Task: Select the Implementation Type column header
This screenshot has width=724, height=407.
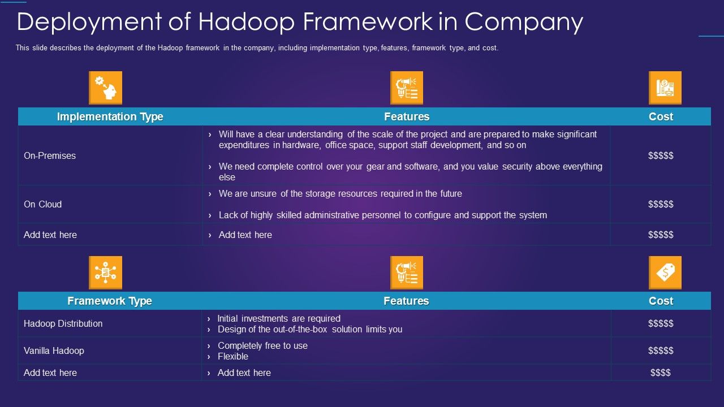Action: coord(110,116)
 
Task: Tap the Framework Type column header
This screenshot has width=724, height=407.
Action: coord(110,301)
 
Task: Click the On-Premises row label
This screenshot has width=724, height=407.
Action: coord(50,155)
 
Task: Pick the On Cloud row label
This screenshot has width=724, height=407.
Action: coord(42,204)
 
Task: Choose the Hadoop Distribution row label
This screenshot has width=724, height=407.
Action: coord(63,323)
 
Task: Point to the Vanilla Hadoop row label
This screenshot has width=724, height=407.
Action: coord(54,350)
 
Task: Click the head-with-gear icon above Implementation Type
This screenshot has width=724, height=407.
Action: coord(105,88)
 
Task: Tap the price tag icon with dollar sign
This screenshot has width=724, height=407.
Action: coord(665,272)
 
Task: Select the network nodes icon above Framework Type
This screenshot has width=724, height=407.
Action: coord(105,272)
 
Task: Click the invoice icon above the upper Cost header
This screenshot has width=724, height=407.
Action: coord(665,88)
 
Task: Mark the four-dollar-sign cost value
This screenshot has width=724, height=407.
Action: coord(660,373)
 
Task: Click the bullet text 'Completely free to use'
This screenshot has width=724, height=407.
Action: coord(262,345)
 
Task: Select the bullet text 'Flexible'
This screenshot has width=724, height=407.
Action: coord(233,356)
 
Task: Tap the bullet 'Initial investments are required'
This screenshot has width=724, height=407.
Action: coord(279,318)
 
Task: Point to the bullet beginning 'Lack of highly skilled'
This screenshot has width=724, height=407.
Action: coord(382,215)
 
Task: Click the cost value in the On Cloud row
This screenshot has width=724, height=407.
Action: coord(661,204)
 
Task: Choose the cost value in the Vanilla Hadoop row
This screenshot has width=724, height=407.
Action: coord(661,350)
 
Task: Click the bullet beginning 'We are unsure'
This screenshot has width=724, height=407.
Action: coord(340,193)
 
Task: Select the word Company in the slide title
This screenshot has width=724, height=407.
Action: coord(524,23)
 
